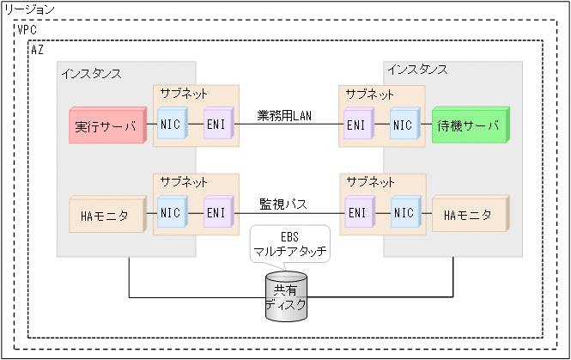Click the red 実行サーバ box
[105, 126]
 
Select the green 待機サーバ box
[469, 125]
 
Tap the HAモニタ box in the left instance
[104, 216]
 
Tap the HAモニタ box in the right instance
[469, 216]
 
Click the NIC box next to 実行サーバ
[171, 125]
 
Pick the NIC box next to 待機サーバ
[402, 125]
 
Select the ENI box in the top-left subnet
[216, 125]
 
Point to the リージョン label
[30, 9]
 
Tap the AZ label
[37, 50]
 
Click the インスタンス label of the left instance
[91, 73]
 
